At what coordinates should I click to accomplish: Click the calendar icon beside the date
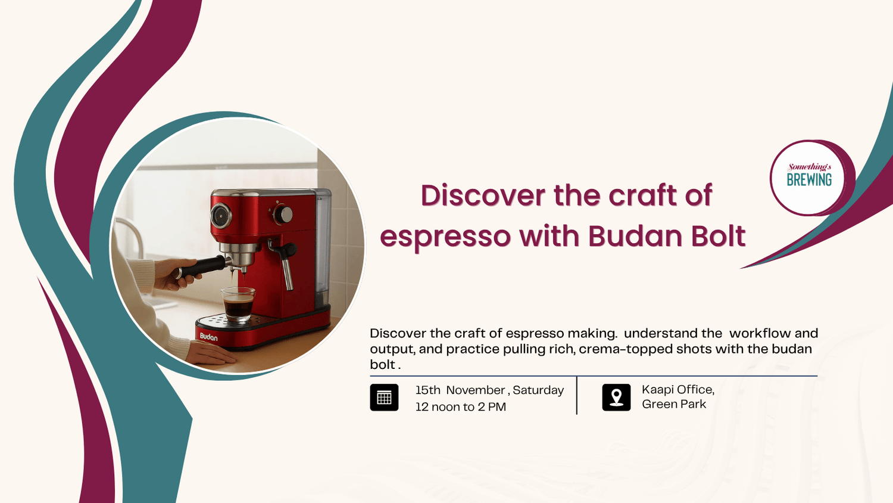coord(384,397)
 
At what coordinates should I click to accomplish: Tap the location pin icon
coord(616,397)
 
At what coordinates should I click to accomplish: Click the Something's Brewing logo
coord(809,178)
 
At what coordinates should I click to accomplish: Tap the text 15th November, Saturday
coord(489,390)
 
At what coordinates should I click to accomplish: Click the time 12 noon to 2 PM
coord(460,407)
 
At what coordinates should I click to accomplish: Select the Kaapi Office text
coord(677,390)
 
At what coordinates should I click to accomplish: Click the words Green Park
coord(674,405)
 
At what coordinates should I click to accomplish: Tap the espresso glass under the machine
coord(238,304)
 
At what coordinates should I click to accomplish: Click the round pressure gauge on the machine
coord(221,215)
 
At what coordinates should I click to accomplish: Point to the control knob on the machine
coord(283,215)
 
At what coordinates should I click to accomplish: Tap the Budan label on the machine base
coord(208,337)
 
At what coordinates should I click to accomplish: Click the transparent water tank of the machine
coord(323,247)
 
